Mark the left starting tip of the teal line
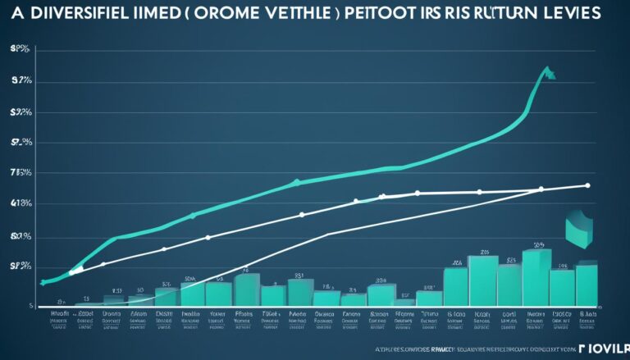coord(43,282)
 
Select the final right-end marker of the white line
coord(587,185)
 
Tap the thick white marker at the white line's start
coord(76,269)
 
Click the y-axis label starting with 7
coord(21,173)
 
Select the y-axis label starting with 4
coord(21,203)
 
